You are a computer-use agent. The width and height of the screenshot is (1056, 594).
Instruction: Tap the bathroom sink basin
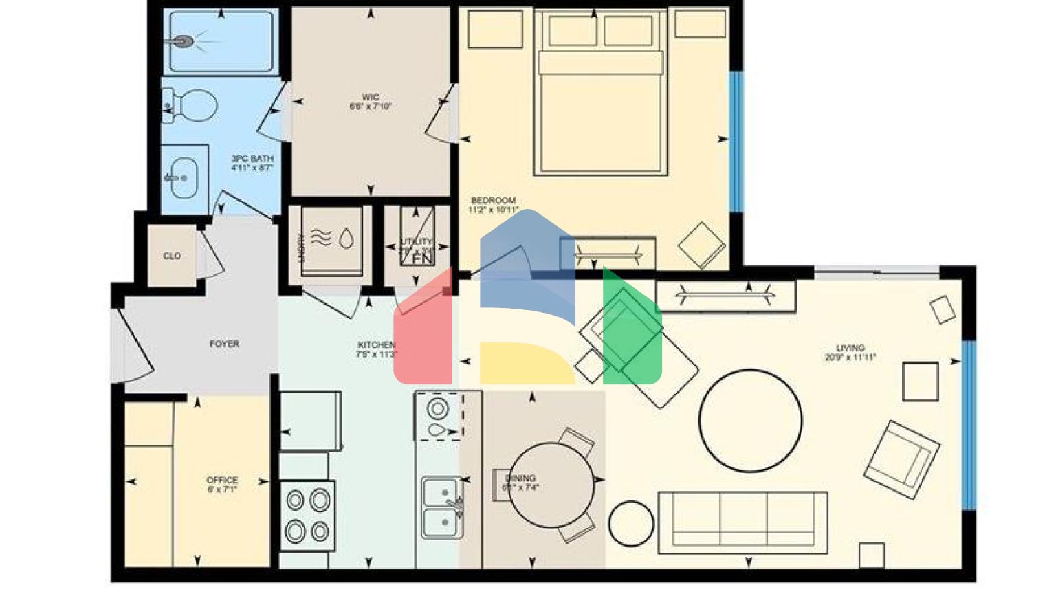point(183,177)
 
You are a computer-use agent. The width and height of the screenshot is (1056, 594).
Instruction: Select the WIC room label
point(371,98)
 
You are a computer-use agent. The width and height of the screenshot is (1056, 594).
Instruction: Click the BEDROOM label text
point(493,201)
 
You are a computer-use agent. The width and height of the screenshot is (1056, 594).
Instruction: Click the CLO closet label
point(172,256)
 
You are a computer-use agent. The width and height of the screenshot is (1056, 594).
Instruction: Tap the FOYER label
point(225,344)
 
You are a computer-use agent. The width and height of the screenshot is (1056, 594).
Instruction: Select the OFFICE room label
point(222,480)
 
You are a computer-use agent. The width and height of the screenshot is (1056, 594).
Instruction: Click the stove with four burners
point(307,516)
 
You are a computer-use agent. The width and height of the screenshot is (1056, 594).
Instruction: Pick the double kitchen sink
point(441,507)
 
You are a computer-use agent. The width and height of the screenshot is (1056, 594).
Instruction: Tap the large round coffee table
point(750,421)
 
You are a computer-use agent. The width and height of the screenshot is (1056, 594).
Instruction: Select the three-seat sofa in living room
point(742,522)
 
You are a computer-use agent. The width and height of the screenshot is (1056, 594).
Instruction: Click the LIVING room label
point(850,348)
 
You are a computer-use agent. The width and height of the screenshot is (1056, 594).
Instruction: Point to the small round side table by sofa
point(631,523)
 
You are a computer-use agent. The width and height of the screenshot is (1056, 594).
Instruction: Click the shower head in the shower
point(182,42)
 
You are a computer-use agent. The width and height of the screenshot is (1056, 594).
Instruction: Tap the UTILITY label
point(416,242)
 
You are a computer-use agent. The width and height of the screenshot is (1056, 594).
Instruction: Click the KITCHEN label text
point(376,344)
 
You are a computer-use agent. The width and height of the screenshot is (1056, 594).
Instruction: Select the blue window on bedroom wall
point(736,141)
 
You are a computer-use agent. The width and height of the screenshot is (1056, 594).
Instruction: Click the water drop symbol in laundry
point(346,238)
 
